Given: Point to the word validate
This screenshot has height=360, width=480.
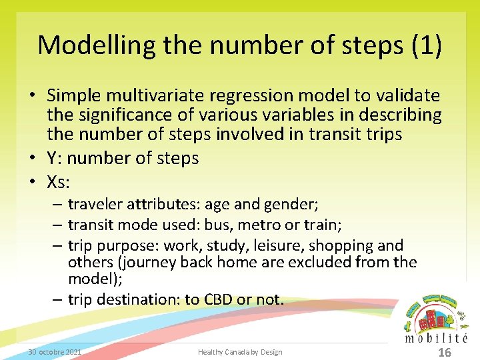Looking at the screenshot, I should pyautogui.click(x=407, y=96).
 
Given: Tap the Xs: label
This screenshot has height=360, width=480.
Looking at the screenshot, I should pyautogui.click(x=59, y=181).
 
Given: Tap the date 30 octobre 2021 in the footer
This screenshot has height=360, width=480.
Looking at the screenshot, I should pyautogui.click(x=55, y=352).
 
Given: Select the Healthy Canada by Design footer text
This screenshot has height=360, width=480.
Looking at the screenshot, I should pyautogui.click(x=240, y=352).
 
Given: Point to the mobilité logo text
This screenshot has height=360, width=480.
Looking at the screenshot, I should pyautogui.click(x=437, y=338).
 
